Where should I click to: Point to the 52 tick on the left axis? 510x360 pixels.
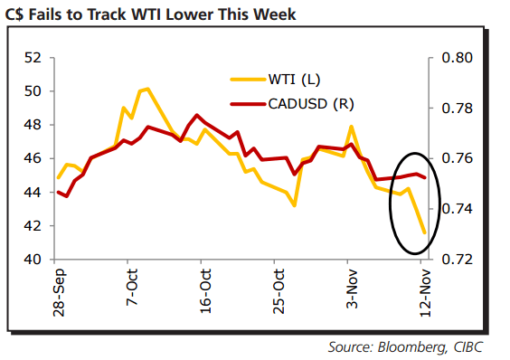33,58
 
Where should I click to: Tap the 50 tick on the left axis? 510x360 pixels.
33,91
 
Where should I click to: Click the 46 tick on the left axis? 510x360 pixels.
33,158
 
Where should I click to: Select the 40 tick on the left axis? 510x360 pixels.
33,260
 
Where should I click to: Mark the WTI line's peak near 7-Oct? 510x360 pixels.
146,89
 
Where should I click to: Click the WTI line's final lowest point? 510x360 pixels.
424,232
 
